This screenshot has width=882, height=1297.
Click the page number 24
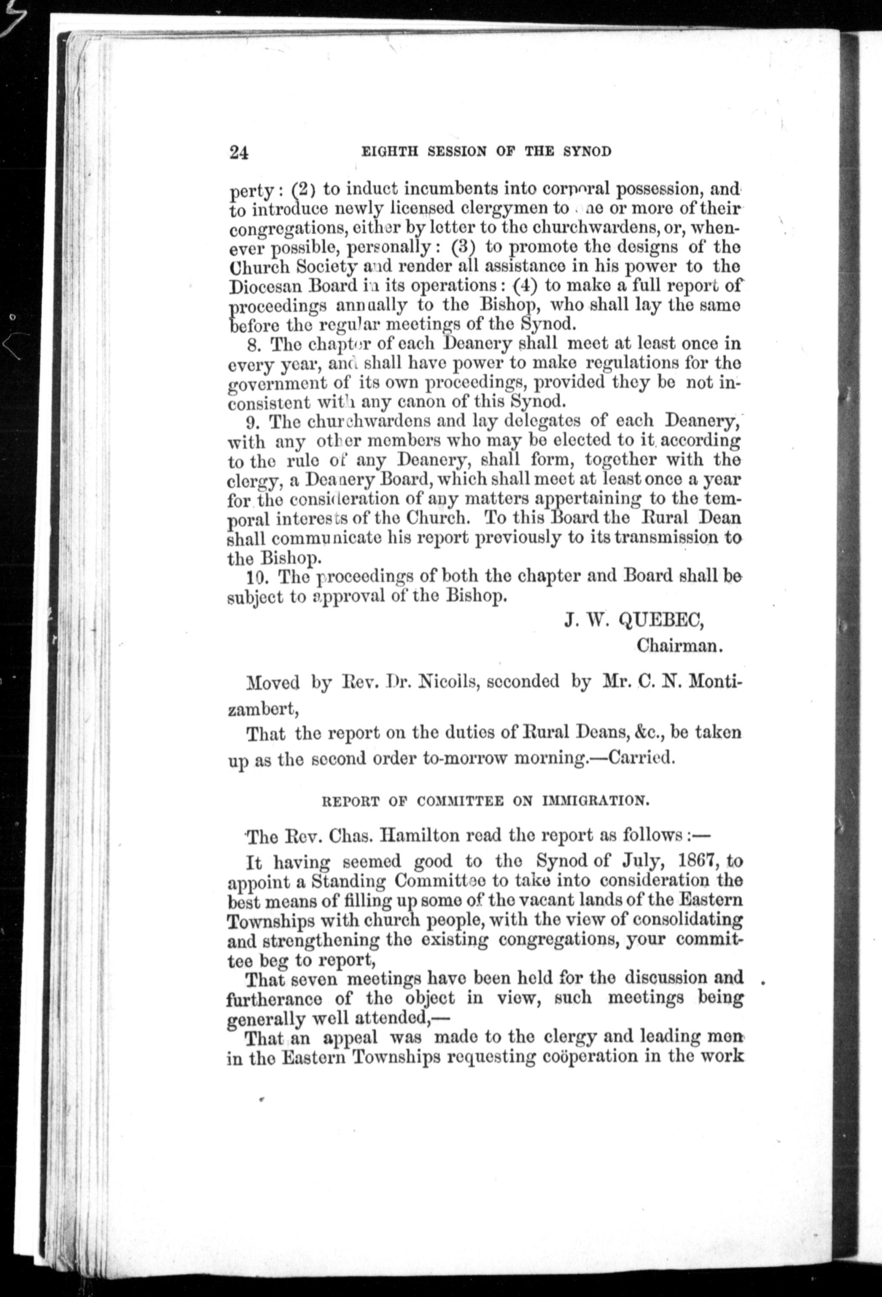coord(238,152)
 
